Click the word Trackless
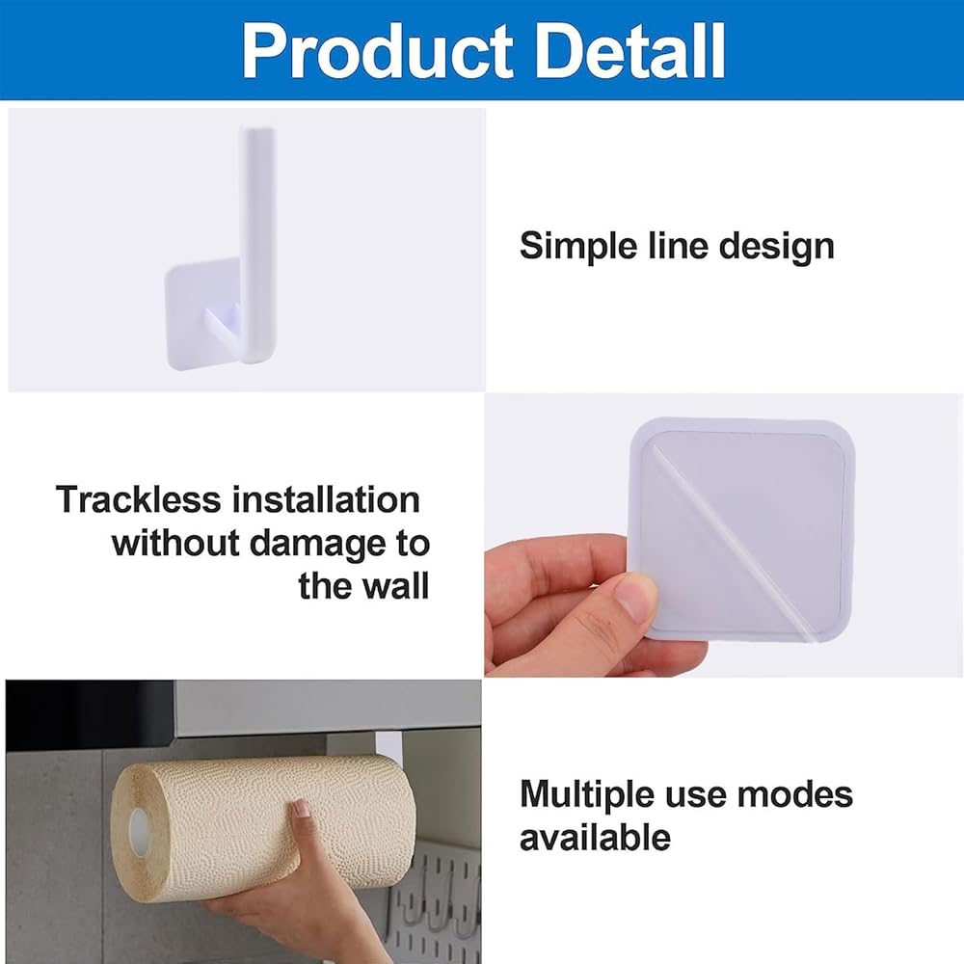tap(138, 499)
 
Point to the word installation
tap(327, 499)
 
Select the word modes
tap(795, 793)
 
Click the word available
tap(595, 838)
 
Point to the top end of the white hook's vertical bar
tap(257, 129)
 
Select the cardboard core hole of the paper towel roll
tap(139, 832)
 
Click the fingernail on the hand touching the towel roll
tap(302, 808)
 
